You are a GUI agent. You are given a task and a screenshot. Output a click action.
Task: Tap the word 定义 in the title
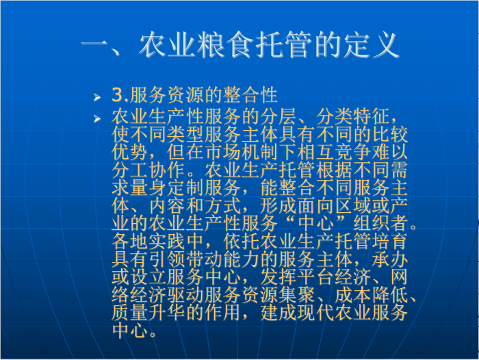pos(371,45)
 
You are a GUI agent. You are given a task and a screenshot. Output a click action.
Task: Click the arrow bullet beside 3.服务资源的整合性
pos(97,97)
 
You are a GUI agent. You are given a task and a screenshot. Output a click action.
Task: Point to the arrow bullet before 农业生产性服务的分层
pos(97,118)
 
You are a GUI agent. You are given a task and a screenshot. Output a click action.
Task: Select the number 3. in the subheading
pos(120,95)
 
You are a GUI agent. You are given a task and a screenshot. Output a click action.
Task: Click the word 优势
pos(129,152)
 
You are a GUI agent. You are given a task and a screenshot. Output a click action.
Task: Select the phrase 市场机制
pos(242,152)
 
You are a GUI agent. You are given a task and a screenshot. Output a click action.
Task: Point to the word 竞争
pos(353,152)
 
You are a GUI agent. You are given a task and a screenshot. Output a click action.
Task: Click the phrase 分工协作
pos(148,170)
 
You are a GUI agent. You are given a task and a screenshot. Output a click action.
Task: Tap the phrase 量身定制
pos(167,188)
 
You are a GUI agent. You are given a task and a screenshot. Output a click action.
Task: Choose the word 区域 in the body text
pos(353,206)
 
